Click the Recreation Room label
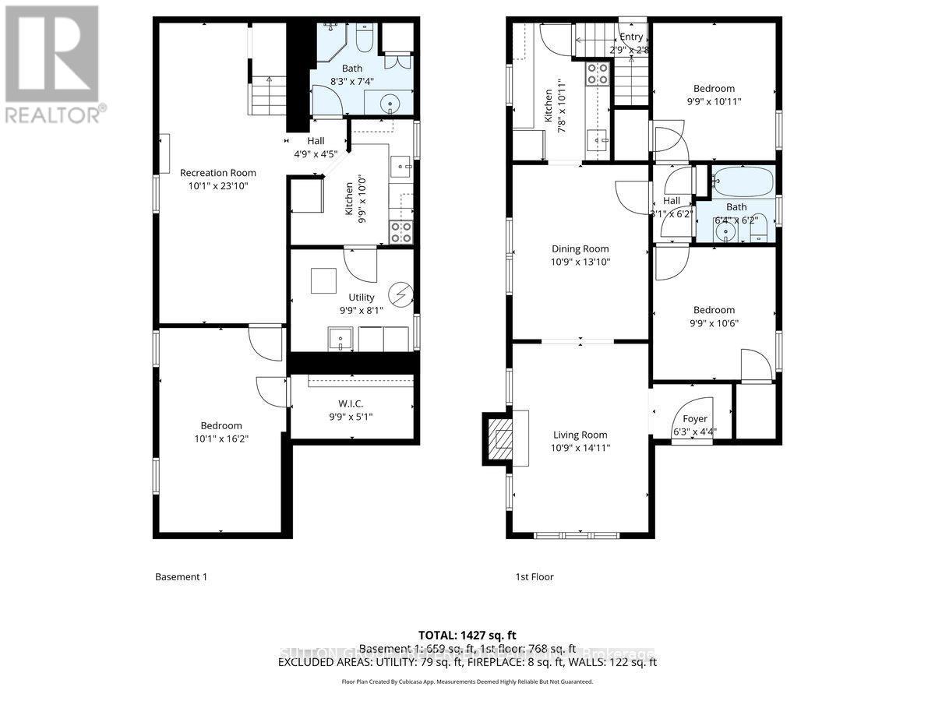tap(217, 173)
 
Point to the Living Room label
tap(580, 435)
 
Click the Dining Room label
tap(580, 249)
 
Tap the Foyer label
tap(694, 419)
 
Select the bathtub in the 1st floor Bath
tap(742, 182)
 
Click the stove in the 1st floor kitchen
tap(598, 73)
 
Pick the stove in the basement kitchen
tap(400, 231)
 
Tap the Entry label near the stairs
tap(631, 37)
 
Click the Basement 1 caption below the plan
tap(181, 577)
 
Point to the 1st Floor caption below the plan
tap(534, 577)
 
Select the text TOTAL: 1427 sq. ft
tap(467, 636)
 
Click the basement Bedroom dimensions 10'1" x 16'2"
tap(221, 439)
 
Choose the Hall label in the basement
tap(315, 141)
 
